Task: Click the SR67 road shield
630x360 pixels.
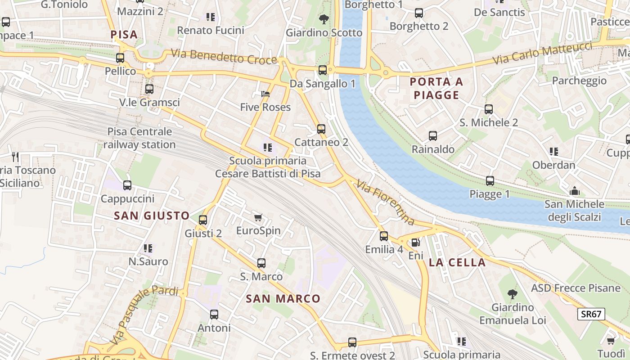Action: click(591, 314)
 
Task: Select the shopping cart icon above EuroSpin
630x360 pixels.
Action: click(258, 218)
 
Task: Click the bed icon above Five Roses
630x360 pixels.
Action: click(265, 94)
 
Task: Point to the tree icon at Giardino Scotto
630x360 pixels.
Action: click(323, 19)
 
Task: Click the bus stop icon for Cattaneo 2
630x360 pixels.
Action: click(321, 129)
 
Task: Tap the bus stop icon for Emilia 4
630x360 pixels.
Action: click(383, 236)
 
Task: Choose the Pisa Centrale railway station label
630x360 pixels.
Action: click(139, 138)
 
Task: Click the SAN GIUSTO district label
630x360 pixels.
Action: click(152, 216)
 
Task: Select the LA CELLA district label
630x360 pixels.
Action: click(457, 262)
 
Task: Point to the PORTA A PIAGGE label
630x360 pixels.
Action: click(436, 88)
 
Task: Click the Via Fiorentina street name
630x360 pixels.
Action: click(385, 202)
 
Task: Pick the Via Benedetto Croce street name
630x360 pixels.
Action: click(224, 57)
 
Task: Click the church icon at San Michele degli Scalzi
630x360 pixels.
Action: click(574, 191)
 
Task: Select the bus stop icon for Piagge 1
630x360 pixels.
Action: click(490, 181)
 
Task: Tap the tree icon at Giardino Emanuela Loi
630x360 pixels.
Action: click(512, 294)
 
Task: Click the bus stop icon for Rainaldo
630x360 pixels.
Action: click(433, 136)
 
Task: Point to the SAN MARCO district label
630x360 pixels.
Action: click(283, 298)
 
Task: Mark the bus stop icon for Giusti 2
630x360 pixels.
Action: click(203, 220)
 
